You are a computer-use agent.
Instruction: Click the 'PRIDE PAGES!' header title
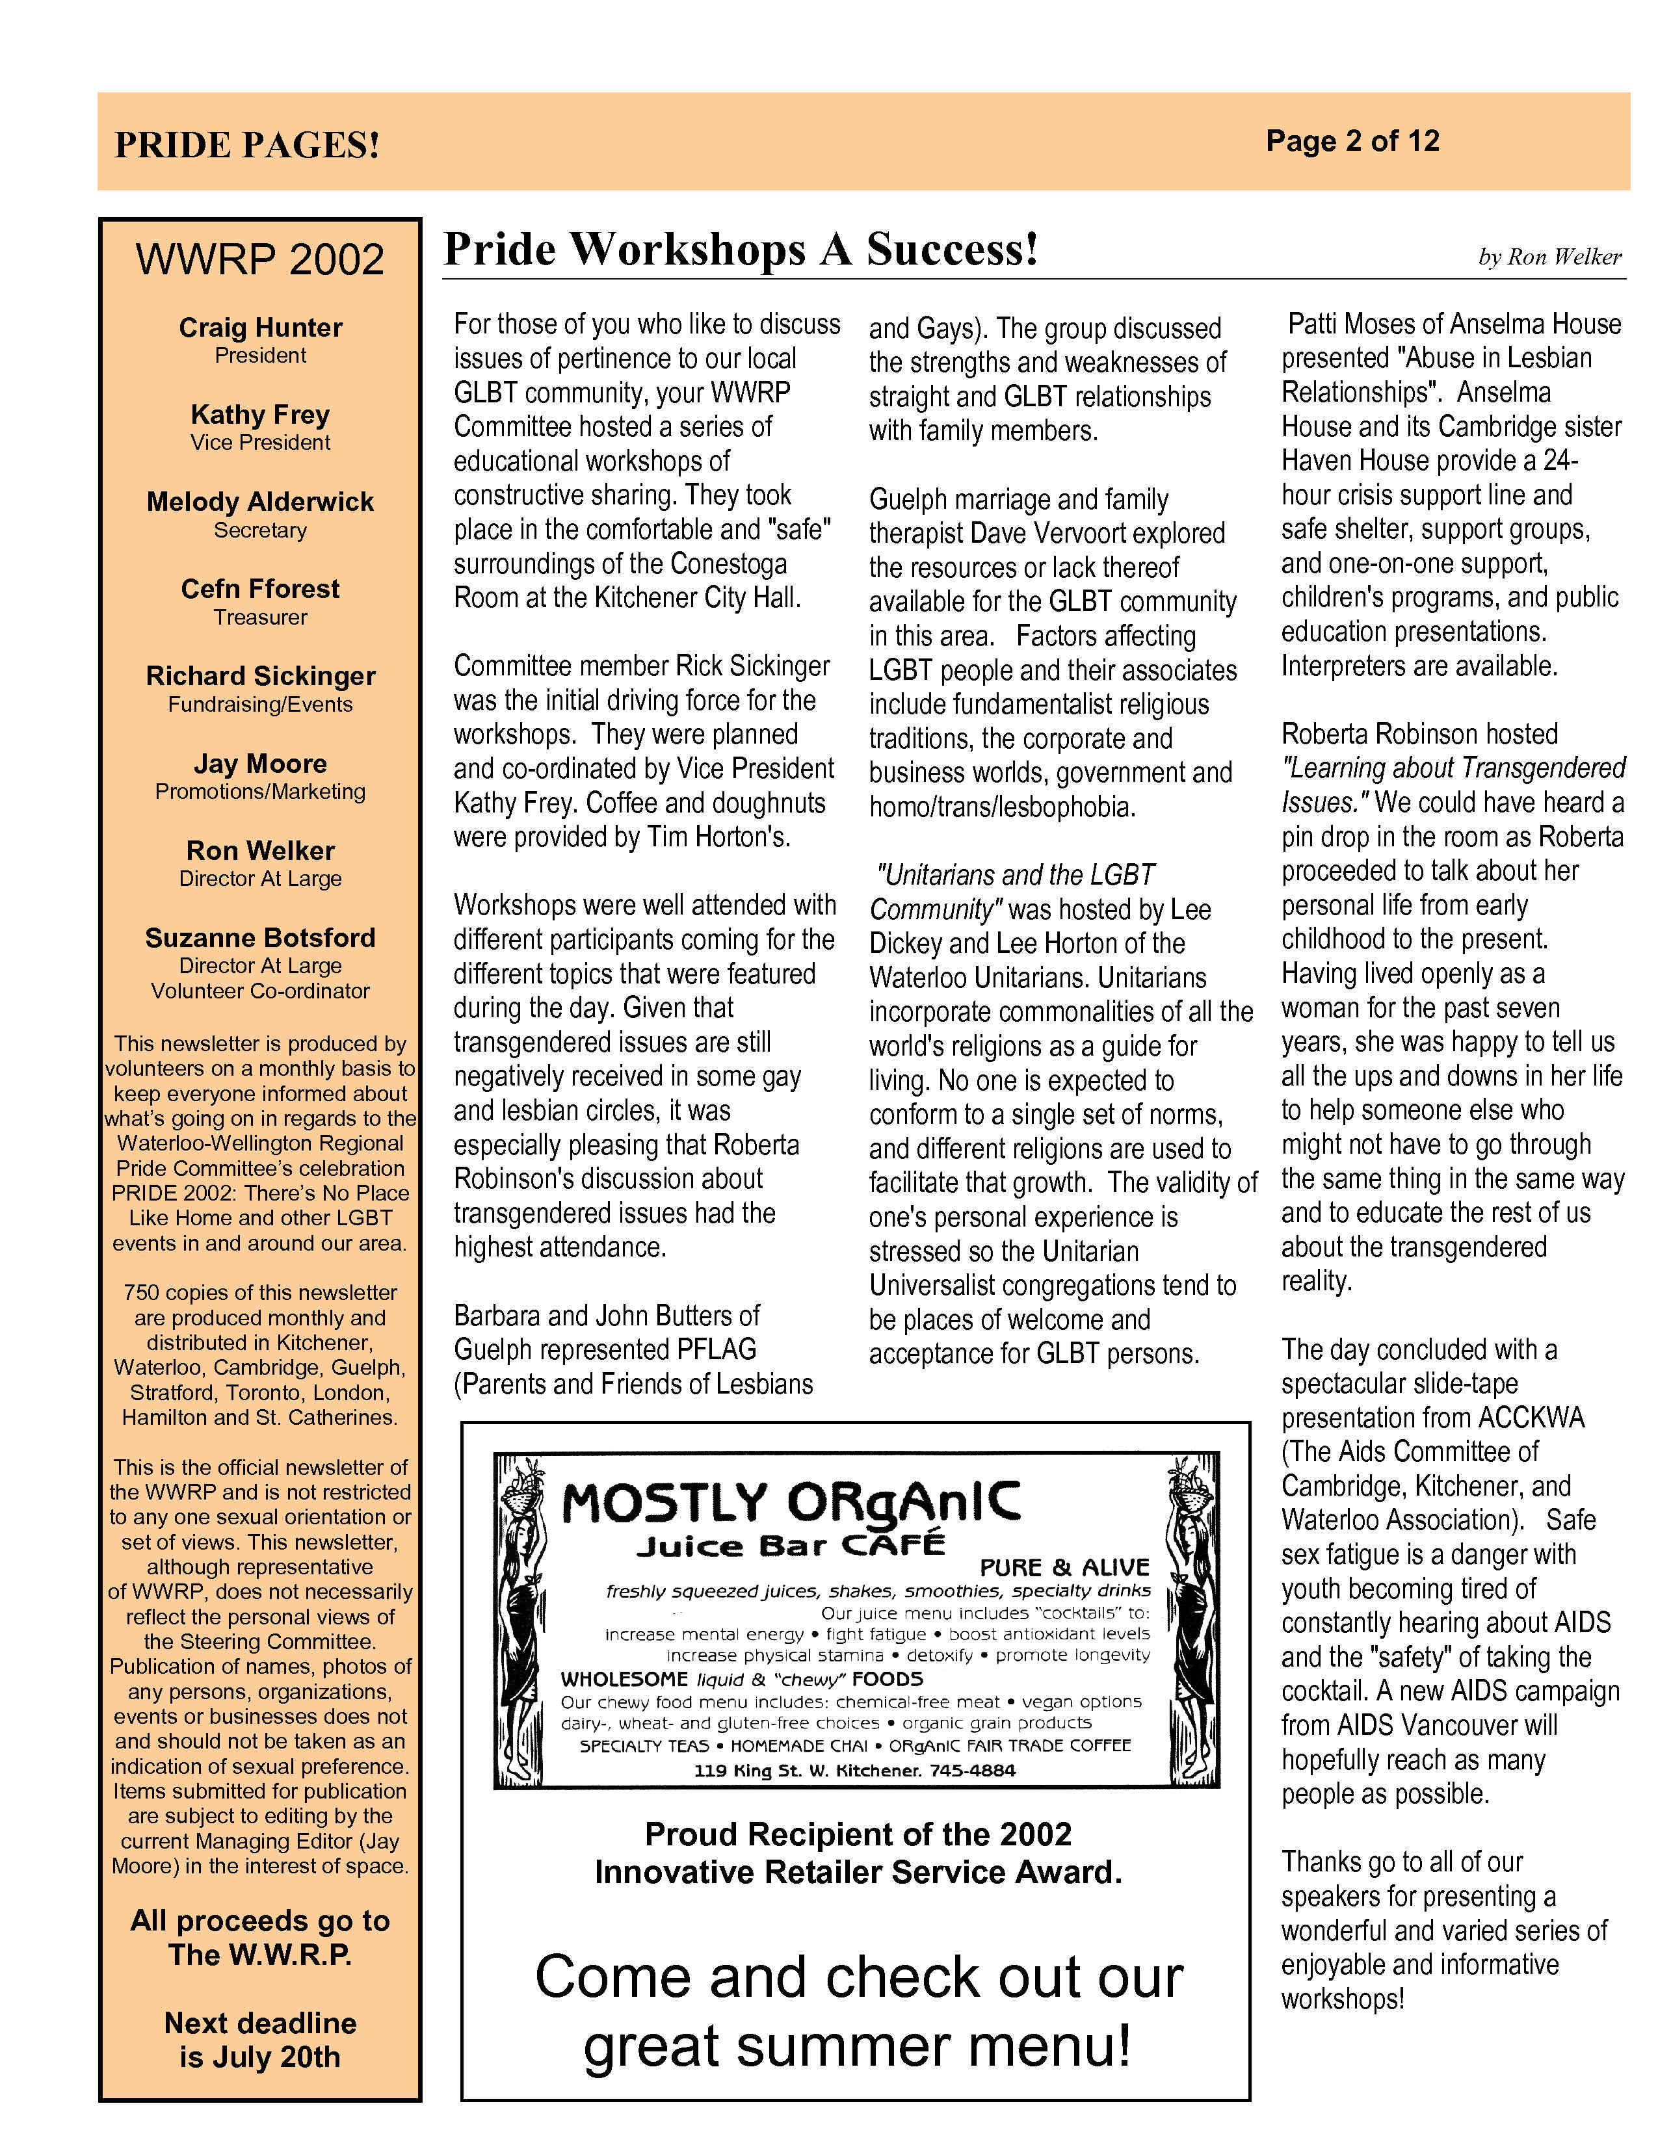[x=246, y=146]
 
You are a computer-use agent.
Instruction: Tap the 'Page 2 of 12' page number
[x=1352, y=142]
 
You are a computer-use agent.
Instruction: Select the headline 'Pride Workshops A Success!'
[x=741, y=250]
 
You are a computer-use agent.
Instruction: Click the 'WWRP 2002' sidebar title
[x=259, y=259]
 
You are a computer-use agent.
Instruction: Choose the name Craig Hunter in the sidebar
[x=260, y=328]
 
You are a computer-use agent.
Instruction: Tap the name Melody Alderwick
[x=260, y=502]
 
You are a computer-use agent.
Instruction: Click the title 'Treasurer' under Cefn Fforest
[x=260, y=617]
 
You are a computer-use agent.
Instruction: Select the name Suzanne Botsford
[x=260, y=938]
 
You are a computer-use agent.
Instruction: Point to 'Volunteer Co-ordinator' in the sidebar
[x=260, y=991]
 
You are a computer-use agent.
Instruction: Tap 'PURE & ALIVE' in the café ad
[x=1064, y=1568]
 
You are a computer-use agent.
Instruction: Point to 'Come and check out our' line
[x=858, y=1977]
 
